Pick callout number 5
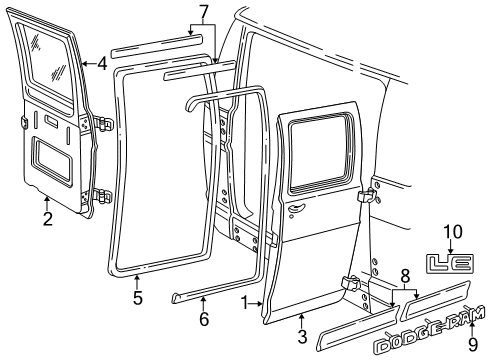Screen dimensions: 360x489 click(137, 296)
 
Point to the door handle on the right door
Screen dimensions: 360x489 click(296, 209)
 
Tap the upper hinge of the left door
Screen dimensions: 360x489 click(107, 124)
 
